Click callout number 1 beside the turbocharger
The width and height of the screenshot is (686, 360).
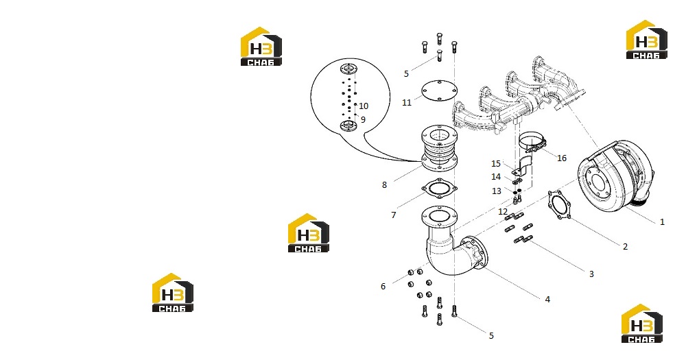pyautogui.click(x=662, y=222)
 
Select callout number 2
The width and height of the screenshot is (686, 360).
pyautogui.click(x=625, y=247)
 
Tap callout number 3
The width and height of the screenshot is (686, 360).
pyautogui.click(x=591, y=274)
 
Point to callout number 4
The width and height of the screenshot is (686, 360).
pyautogui.click(x=547, y=300)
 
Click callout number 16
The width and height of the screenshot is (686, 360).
pyautogui.click(x=562, y=158)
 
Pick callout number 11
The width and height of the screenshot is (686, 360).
pyautogui.click(x=407, y=102)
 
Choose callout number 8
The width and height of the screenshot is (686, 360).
pyautogui.click(x=384, y=185)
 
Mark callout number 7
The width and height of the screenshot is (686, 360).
pyautogui.click(x=393, y=215)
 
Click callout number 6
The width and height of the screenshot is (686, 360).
pyautogui.click(x=383, y=287)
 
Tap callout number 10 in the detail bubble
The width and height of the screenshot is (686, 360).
pyautogui.click(x=364, y=106)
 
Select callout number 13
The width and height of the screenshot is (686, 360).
pyautogui.click(x=496, y=191)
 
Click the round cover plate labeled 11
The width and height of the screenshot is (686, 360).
pyautogui.click(x=439, y=91)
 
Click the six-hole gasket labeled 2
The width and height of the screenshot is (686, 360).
pyautogui.click(x=559, y=205)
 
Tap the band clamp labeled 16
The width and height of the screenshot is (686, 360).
pyautogui.click(x=532, y=143)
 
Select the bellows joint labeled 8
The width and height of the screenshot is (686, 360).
pyautogui.click(x=439, y=148)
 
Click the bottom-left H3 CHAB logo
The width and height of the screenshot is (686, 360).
pyautogui.click(x=173, y=292)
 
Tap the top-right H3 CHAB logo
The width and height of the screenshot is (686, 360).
pyautogui.click(x=647, y=39)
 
